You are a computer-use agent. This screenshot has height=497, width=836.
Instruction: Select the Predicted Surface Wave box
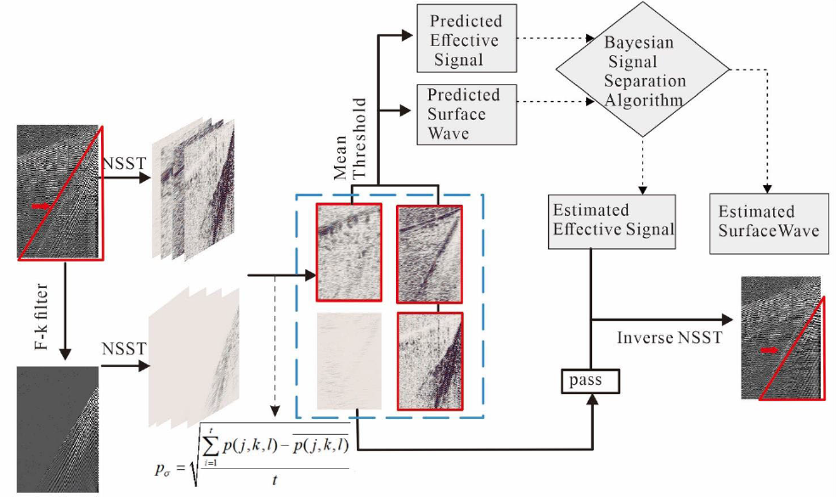(463, 114)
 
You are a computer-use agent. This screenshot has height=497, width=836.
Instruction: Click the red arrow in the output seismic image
(770, 349)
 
